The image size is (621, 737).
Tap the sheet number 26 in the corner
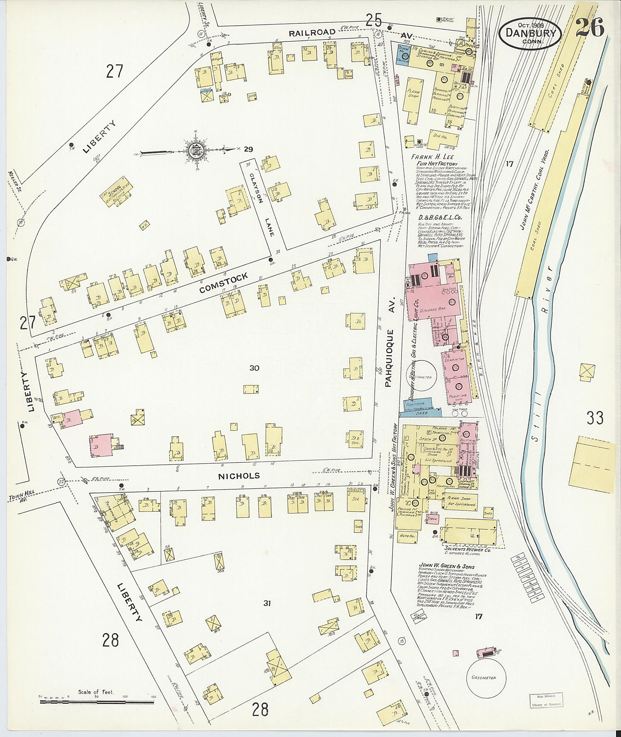590,28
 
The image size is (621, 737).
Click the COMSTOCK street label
224,283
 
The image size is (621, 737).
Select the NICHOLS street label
239,476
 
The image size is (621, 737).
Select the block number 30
254,368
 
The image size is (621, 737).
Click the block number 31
267,603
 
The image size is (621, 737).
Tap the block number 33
595,418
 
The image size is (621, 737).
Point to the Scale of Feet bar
96,702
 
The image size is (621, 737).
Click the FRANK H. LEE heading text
432,157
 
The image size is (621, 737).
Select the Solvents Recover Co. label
467,550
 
